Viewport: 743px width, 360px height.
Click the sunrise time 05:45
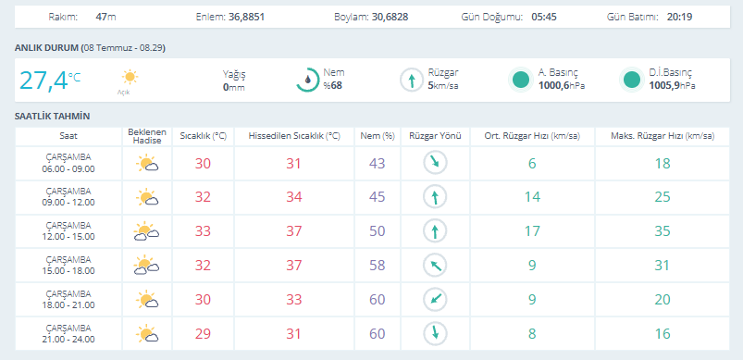click(543, 17)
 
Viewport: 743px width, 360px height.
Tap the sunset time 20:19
click(679, 17)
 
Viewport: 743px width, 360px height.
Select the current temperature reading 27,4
click(43, 81)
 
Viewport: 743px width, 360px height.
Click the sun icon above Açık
click(130, 77)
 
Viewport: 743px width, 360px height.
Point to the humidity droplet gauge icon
click(307, 81)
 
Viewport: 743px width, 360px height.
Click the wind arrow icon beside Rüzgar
click(412, 81)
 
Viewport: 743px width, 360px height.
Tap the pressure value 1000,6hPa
click(561, 86)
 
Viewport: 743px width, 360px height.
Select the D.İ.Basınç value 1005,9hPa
click(673, 86)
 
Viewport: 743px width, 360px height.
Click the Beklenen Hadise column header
click(147, 136)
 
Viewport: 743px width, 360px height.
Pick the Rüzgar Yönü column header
click(435, 136)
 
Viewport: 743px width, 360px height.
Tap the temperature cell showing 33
click(203, 231)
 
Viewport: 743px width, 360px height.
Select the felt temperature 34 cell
click(294, 197)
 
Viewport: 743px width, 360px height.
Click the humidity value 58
click(378, 266)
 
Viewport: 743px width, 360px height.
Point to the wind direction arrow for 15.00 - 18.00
click(435, 266)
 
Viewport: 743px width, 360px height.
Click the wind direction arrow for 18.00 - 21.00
click(435, 299)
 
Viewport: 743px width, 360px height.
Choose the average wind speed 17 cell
click(532, 231)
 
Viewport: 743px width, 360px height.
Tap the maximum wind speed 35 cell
click(663, 231)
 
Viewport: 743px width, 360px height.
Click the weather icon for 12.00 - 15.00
click(147, 231)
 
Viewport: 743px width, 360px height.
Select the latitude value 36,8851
click(246, 17)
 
